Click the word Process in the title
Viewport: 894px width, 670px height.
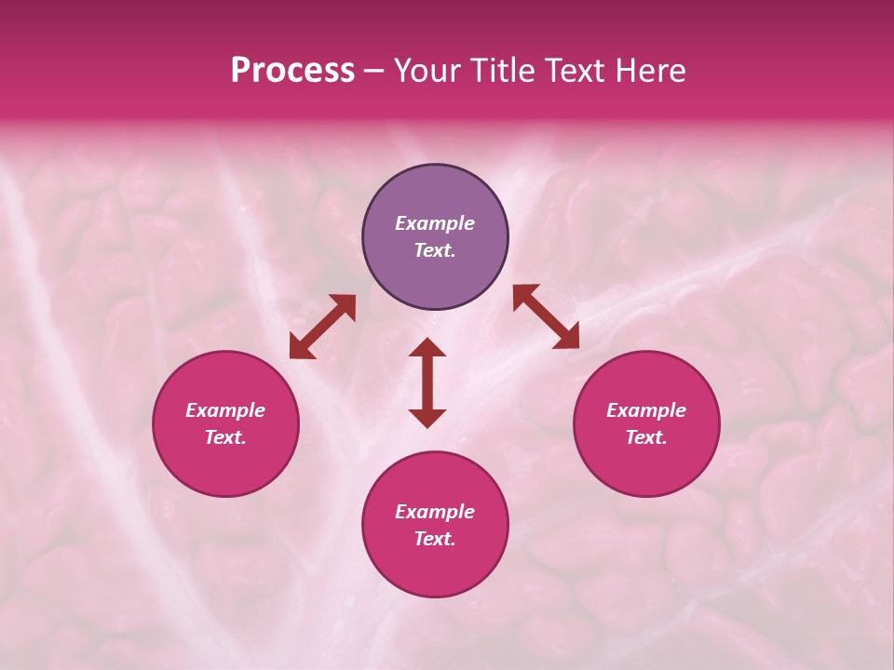292,71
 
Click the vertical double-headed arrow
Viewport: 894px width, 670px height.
427,382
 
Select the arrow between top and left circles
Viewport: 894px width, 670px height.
322,327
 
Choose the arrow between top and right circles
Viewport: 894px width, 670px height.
546,316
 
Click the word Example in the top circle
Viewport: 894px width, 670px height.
435,223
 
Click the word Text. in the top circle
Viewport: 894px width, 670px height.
435,250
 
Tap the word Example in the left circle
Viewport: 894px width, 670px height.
225,410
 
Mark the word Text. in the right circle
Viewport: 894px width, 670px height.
646,437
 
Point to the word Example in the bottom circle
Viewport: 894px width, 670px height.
435,512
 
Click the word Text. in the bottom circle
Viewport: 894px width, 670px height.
435,539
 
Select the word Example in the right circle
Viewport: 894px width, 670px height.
646,410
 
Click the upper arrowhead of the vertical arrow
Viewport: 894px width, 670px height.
427,348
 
